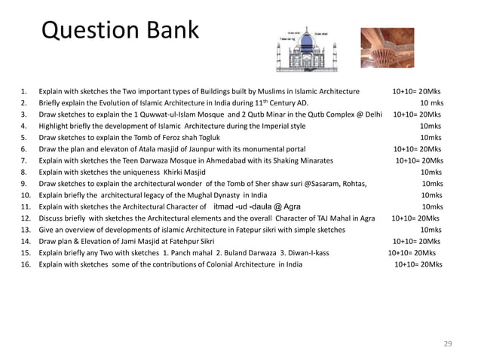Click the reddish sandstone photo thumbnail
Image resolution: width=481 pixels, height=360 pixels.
click(x=387, y=48)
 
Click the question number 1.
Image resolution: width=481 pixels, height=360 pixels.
click(x=23, y=92)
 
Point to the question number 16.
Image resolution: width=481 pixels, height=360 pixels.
click(x=25, y=265)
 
